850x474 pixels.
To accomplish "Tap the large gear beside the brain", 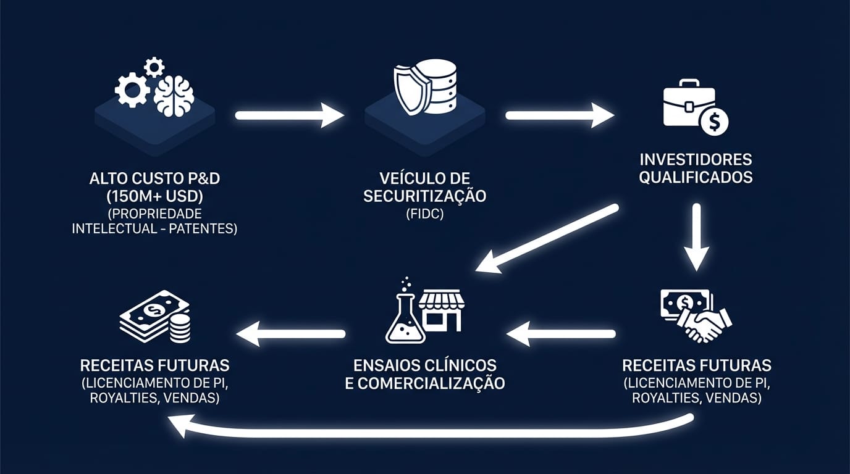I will tap(132, 90).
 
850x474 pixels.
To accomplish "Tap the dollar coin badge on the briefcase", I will tap(715, 122).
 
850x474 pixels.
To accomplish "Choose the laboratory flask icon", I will tap(405, 315).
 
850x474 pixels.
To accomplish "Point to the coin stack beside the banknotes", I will tap(180, 328).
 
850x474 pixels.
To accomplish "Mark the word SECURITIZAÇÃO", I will tap(424, 196).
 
